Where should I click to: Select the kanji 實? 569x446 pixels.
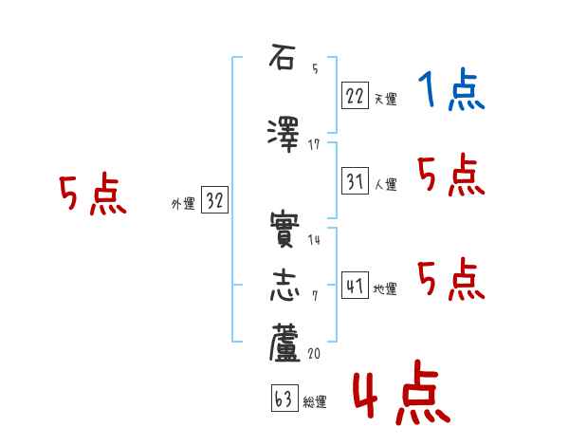(x=284, y=231)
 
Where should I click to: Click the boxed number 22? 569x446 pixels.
(x=355, y=95)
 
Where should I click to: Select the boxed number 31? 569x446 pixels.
(x=355, y=181)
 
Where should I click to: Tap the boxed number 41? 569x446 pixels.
(x=355, y=286)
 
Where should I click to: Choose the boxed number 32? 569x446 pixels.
(x=215, y=199)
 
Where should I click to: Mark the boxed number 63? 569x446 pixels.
(x=284, y=399)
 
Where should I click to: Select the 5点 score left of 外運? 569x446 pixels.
(x=93, y=196)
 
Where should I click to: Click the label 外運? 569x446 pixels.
(x=182, y=203)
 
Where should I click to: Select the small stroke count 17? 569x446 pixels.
(x=314, y=144)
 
